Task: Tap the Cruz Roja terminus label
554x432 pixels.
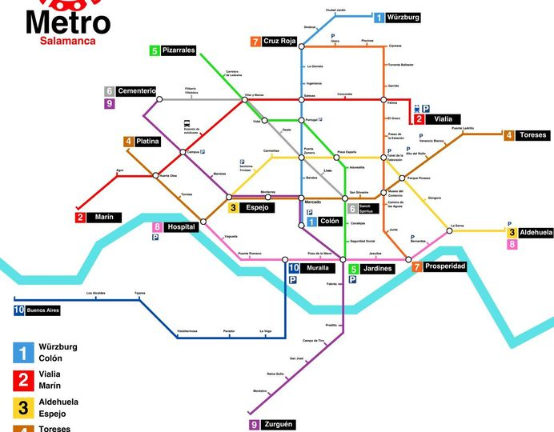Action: click(279, 42)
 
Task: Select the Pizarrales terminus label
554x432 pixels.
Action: click(178, 50)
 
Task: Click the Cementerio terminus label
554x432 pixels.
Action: click(135, 91)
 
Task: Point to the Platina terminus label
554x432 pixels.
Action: click(147, 142)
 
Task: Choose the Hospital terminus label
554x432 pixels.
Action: click(181, 227)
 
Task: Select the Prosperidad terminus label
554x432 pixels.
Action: click(444, 266)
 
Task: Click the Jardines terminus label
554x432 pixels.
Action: click(375, 269)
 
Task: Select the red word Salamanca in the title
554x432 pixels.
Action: click(68, 40)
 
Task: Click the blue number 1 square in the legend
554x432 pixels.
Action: click(23, 352)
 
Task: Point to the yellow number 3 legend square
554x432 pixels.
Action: click(23, 408)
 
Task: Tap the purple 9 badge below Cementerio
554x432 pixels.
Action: click(109, 103)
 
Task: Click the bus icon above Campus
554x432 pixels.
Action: click(187, 124)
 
